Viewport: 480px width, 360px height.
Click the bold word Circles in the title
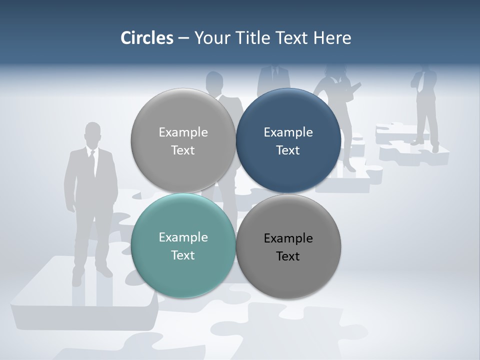[x=146, y=38]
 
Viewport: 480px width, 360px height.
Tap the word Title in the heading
[x=248, y=38]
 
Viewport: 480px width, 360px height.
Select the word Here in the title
[x=332, y=38]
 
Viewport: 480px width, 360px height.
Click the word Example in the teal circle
[x=183, y=237]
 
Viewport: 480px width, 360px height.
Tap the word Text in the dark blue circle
[x=288, y=150]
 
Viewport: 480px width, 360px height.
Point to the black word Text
[x=288, y=256]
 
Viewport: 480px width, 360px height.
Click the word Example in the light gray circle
[x=183, y=132]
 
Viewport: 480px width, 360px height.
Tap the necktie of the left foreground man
[x=92, y=162]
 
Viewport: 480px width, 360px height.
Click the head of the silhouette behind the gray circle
[x=214, y=81]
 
